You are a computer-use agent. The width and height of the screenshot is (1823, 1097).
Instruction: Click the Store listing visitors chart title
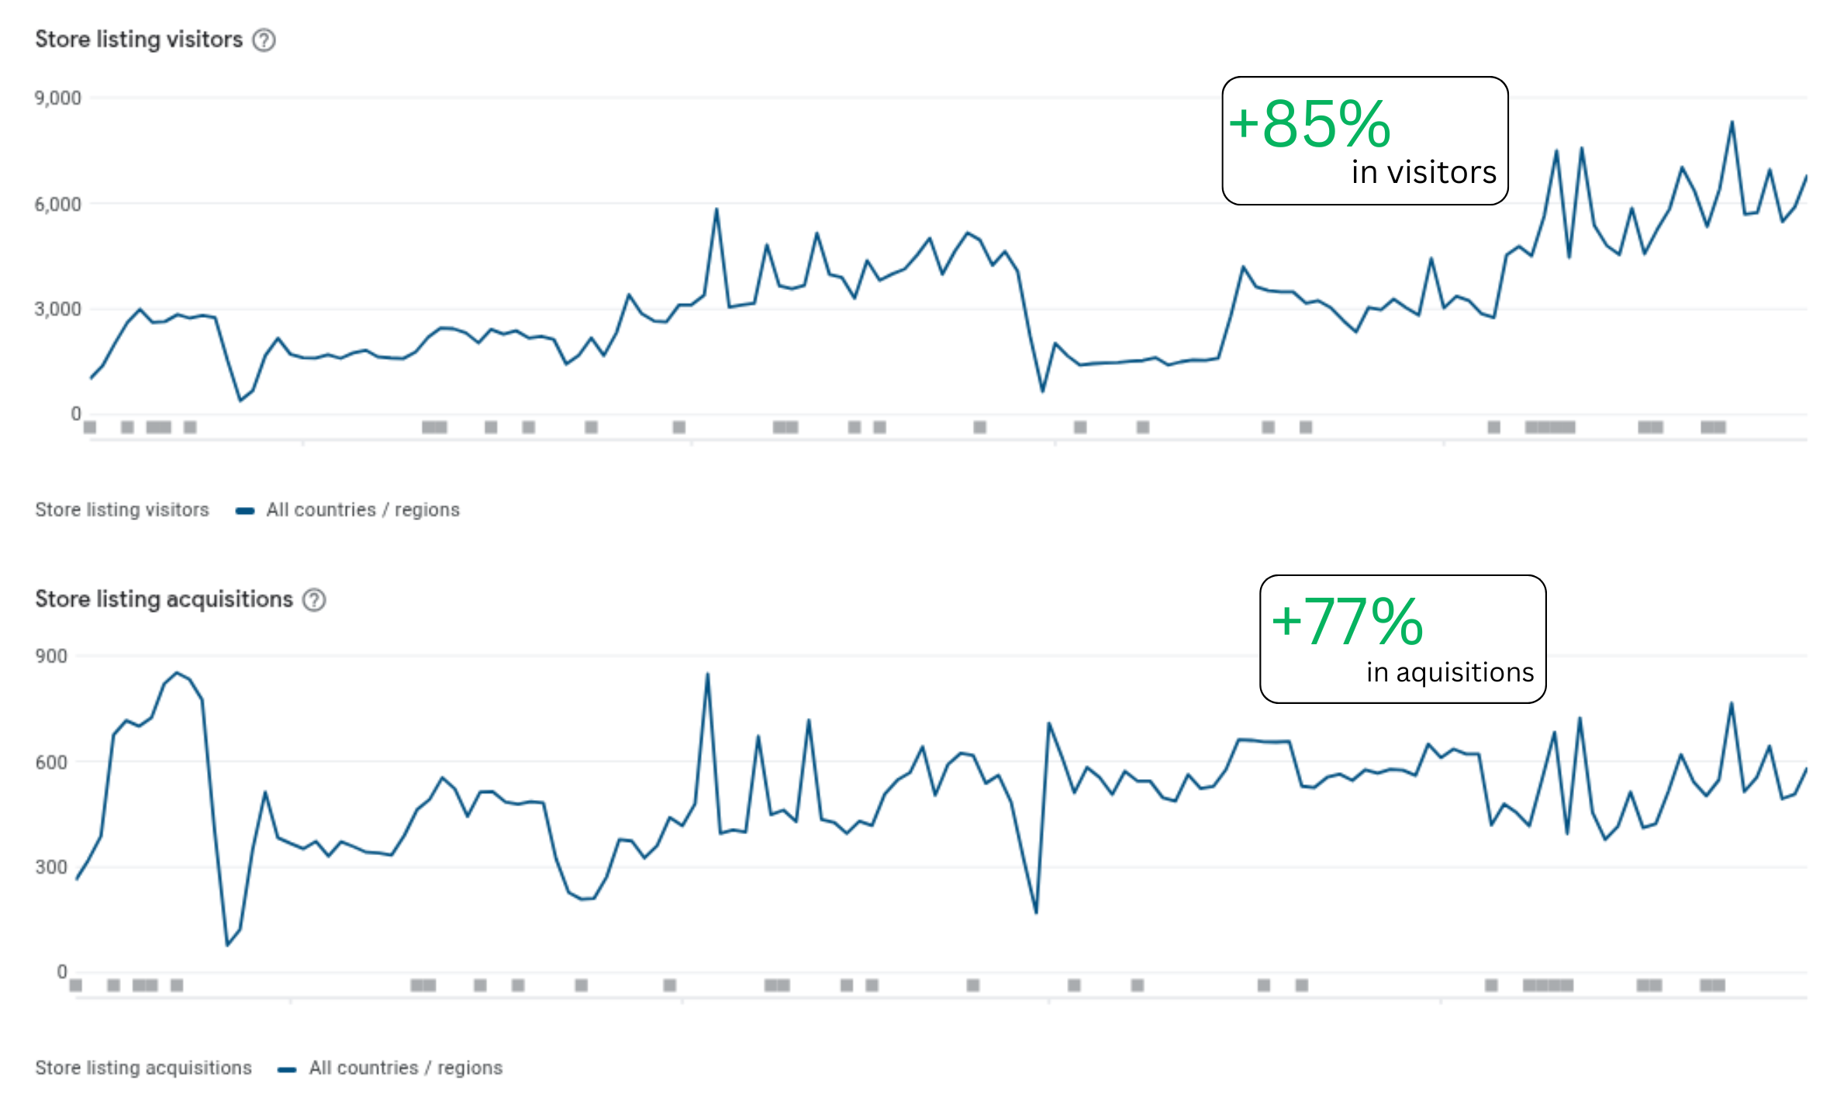(139, 40)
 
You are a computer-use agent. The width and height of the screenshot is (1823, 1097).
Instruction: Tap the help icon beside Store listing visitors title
(264, 40)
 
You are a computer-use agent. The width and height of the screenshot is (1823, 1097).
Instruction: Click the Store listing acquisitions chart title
(164, 599)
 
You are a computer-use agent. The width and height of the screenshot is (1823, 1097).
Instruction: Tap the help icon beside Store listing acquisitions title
(314, 600)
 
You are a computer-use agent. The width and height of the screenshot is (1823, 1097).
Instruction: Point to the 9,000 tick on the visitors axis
(57, 98)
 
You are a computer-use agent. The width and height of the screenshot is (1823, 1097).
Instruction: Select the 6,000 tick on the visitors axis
(57, 205)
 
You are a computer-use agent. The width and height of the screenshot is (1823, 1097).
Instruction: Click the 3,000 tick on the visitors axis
(57, 309)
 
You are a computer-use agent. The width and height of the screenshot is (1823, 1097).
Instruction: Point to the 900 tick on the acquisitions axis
(51, 657)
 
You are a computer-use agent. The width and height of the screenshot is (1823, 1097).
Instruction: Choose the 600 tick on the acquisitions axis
(51, 763)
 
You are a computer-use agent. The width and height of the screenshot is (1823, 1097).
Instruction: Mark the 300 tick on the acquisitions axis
(51, 868)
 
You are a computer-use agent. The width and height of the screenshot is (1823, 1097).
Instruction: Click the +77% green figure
(1348, 622)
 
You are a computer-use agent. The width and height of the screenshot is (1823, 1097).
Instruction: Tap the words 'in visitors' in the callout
(1424, 173)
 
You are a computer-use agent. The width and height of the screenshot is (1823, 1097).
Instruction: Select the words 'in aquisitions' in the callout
(1450, 672)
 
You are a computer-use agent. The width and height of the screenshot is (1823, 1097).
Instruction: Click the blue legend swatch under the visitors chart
(245, 511)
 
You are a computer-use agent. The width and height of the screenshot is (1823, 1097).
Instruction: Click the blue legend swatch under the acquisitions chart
(287, 1069)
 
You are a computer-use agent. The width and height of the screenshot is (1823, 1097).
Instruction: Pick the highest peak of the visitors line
(1732, 122)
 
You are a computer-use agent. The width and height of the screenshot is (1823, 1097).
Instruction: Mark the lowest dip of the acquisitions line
(227, 945)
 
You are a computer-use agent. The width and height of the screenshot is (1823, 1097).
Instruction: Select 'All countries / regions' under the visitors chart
(363, 510)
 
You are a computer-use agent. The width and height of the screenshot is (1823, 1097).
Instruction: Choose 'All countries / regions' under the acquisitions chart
(406, 1068)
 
